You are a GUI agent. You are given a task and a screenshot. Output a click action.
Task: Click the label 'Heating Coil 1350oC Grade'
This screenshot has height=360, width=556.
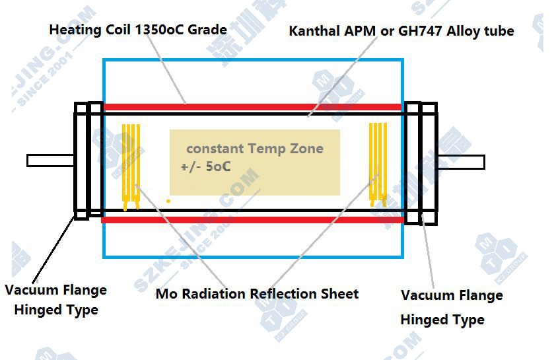click(x=138, y=30)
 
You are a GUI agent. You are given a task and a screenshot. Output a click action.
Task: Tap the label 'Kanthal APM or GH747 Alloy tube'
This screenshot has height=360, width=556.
click(x=401, y=31)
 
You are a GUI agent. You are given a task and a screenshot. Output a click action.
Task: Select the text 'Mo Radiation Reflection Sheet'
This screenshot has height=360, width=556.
click(x=257, y=293)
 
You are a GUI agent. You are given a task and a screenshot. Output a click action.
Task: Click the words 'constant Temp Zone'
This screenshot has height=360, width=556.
click(x=254, y=149)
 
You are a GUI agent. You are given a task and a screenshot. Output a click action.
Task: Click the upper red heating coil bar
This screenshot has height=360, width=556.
click(x=252, y=107)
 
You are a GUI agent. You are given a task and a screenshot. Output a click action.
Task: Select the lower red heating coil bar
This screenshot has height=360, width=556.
click(x=252, y=219)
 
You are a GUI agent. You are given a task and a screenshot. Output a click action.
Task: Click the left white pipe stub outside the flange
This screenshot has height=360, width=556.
click(x=50, y=161)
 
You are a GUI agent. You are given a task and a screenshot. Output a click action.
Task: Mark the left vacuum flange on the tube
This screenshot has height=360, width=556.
click(x=88, y=161)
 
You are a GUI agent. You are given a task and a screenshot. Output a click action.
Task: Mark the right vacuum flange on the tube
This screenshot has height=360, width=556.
click(x=421, y=162)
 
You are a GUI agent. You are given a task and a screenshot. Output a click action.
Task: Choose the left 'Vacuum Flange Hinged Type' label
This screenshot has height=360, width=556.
click(x=55, y=300)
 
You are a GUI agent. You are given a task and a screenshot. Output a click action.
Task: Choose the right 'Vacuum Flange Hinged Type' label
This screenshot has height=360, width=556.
click(x=452, y=307)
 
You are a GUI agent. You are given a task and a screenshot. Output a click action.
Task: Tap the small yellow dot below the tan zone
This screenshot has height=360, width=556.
click(x=168, y=200)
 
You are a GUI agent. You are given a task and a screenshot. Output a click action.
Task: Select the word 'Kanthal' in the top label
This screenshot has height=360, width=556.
click(x=312, y=31)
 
